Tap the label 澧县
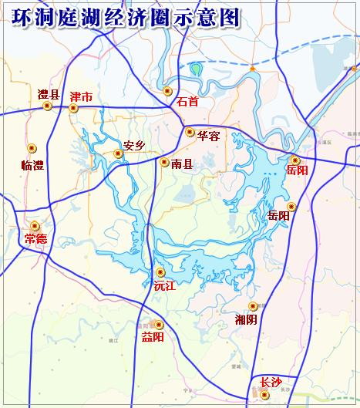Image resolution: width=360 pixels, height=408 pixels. click(x=49, y=95)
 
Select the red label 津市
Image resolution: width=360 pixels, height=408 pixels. click(x=81, y=97)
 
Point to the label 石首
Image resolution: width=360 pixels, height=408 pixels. click(x=187, y=101)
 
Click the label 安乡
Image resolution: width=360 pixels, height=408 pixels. click(x=134, y=145)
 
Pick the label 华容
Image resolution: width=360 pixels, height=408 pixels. click(x=208, y=136)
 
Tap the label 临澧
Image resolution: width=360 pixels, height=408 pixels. click(x=34, y=164)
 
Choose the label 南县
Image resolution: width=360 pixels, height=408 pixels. click(x=182, y=164)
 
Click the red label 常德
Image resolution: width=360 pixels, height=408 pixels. click(x=35, y=238)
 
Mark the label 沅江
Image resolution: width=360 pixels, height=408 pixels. click(x=165, y=286)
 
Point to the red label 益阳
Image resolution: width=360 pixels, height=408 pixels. click(x=153, y=336)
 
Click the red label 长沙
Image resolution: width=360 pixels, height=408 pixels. click(x=271, y=382)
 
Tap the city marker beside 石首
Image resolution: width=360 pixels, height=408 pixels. click(x=168, y=91)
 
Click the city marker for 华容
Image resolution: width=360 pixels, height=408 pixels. click(x=190, y=132)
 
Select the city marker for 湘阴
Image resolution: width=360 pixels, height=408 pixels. click(x=253, y=306)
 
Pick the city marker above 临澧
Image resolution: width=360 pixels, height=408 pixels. click(x=32, y=148)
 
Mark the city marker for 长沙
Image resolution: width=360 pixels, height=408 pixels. click(x=264, y=395)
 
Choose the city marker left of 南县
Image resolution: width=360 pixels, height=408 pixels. click(x=164, y=162)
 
